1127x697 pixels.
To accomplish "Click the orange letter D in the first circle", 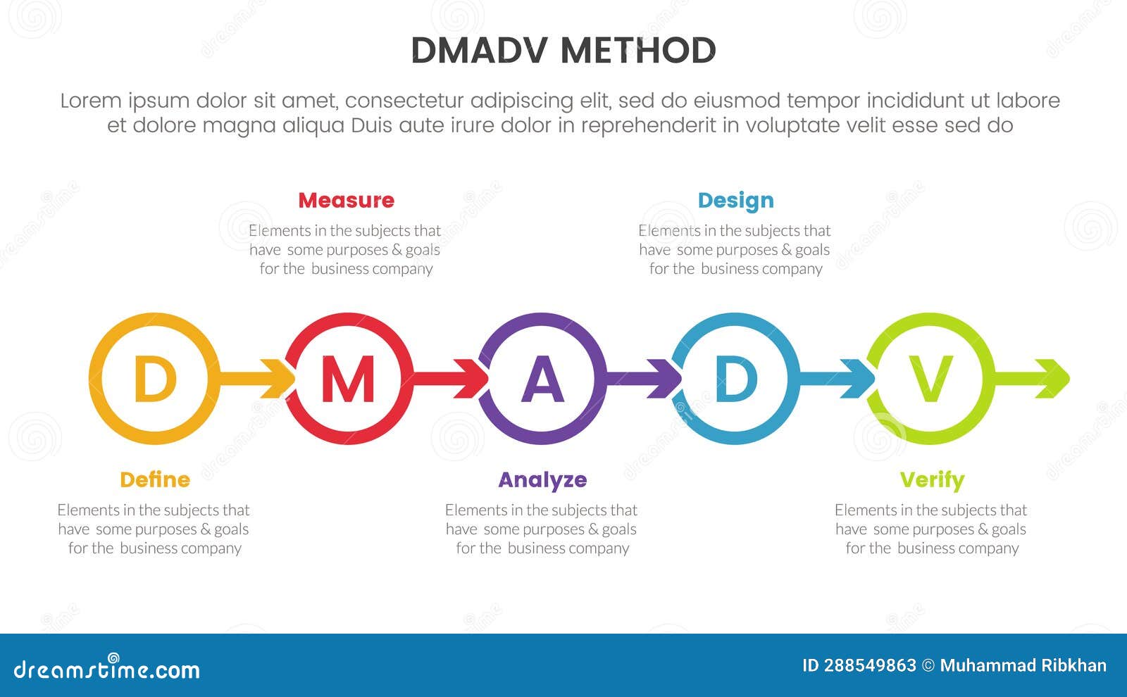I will coord(154,379).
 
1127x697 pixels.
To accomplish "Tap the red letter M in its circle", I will coord(348,379).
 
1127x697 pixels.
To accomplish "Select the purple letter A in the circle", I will coord(542,379).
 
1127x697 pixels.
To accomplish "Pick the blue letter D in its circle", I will coord(736,379).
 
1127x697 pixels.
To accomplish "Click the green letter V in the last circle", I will coord(930,379).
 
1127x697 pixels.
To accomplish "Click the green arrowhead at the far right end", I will coord(1057,379).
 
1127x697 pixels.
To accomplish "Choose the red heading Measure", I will coord(346,201).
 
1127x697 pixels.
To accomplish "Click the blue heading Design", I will coord(735,201).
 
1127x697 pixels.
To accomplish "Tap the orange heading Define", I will coord(155,480).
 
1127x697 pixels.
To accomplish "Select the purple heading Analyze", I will coord(542,480).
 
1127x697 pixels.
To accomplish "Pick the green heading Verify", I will coord(932,480).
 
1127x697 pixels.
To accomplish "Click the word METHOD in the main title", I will coord(638,51).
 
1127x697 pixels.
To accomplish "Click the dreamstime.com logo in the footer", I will coord(107,669).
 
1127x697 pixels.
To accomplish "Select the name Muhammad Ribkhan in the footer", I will coord(1023,665).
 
